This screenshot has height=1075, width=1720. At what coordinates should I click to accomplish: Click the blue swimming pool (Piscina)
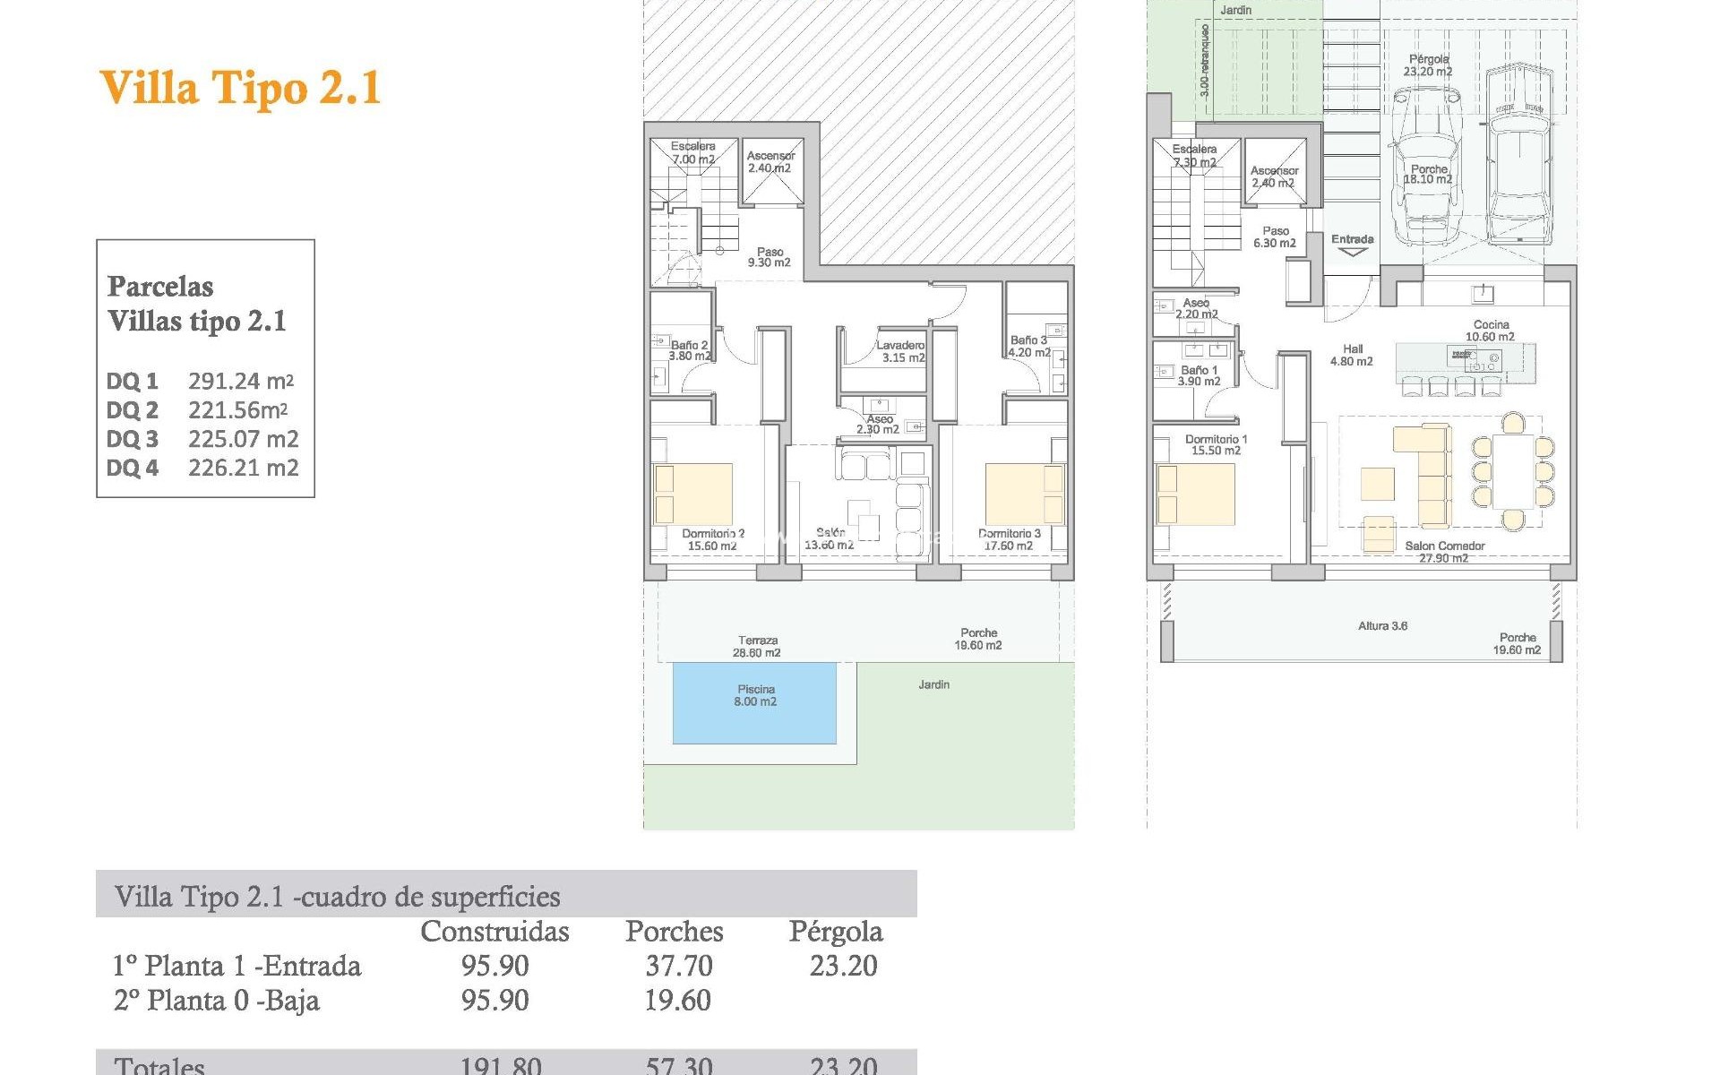coord(754,703)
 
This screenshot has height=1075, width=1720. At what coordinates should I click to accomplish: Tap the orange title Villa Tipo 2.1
coord(240,88)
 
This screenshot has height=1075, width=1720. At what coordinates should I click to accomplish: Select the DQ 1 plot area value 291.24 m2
coord(241,381)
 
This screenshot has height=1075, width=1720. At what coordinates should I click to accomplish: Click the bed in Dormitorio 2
coord(693,494)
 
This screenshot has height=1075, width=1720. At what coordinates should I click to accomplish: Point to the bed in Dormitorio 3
coord(1025,494)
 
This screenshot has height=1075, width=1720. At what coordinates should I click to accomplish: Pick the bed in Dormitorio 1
coord(1196,494)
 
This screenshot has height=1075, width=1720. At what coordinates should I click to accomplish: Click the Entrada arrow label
coord(1352,245)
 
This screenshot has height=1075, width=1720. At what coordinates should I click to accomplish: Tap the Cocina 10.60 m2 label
coord(1490,331)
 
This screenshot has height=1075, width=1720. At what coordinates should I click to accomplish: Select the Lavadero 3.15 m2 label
coord(901,351)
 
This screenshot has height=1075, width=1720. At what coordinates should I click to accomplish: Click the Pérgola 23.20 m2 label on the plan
coord(1428,65)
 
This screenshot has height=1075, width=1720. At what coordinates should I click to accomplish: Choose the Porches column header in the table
coord(674,932)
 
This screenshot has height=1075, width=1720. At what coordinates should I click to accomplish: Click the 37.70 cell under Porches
coord(679,966)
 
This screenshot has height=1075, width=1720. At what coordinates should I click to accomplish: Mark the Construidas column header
coord(494,932)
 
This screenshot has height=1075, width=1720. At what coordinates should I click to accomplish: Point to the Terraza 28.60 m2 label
coord(758,646)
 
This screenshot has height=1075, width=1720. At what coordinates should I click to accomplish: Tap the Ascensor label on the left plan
coord(770,161)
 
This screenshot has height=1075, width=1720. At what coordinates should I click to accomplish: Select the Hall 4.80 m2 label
coord(1352,355)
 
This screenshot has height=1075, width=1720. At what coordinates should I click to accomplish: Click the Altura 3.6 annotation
coord(1382,625)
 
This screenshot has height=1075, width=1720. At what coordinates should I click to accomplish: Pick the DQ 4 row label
coord(133,468)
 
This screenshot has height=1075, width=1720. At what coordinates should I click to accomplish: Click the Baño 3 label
coord(1028,346)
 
